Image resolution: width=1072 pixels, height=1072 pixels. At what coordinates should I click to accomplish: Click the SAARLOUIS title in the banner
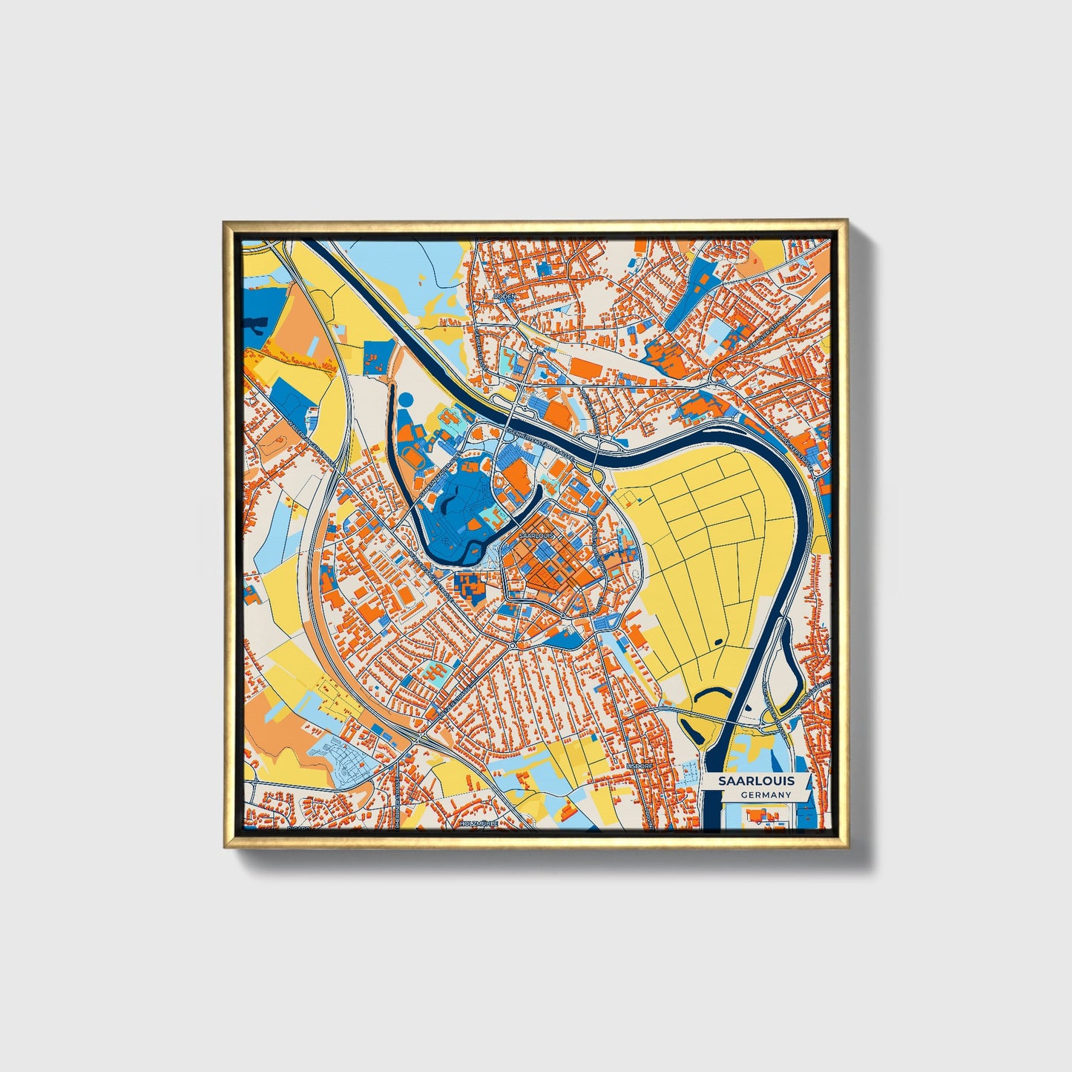756,780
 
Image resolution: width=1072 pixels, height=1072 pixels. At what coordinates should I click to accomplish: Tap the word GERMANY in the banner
766,795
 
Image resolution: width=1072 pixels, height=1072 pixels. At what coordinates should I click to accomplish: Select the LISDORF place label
639,765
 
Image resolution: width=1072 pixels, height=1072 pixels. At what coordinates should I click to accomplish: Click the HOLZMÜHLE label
478,823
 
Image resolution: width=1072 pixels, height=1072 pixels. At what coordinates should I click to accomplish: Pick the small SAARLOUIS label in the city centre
536,534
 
